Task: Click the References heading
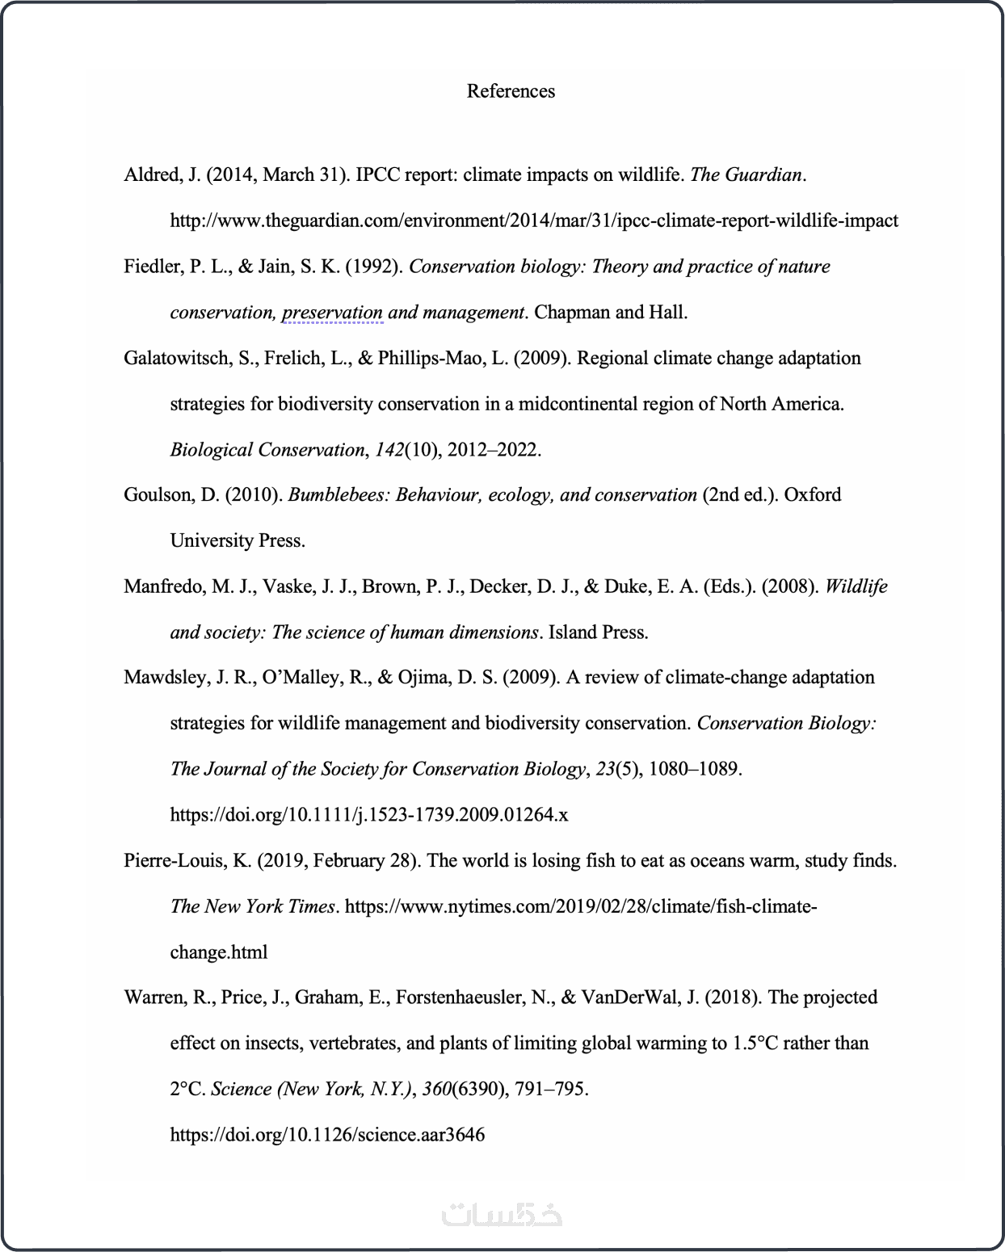511,91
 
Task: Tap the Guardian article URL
533,221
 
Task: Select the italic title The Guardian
746,175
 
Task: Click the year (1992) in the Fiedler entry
374,267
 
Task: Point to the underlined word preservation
332,313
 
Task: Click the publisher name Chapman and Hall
611,313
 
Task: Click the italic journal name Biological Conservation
267,450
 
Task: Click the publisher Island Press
598,632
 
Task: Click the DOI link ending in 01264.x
368,815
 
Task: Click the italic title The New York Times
252,906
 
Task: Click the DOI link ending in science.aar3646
327,1135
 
